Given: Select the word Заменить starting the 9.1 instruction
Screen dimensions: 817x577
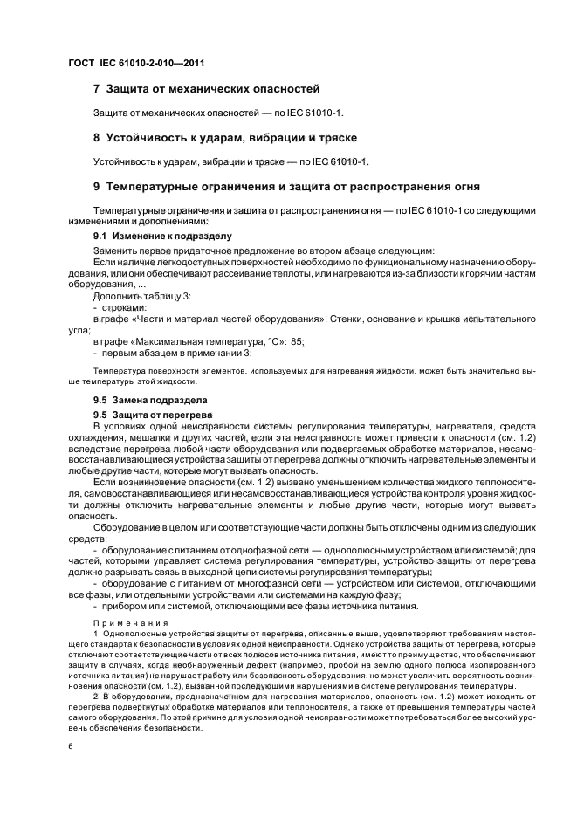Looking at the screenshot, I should (x=114, y=251).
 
